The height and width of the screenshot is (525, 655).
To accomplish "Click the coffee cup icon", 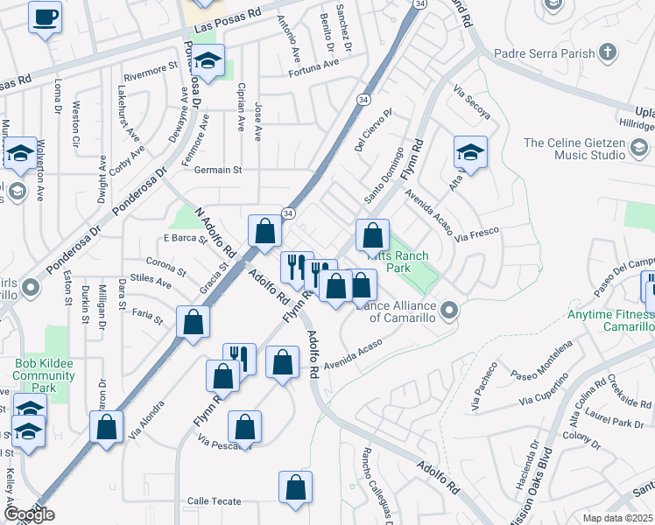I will coord(46,17).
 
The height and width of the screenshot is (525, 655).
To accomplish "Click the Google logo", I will coord(29,514).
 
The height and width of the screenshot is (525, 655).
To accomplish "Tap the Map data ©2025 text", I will coord(618,518).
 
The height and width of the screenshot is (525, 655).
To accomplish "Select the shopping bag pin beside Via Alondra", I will coord(107,428).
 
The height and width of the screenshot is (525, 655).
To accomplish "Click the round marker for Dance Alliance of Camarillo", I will coord(450,311).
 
